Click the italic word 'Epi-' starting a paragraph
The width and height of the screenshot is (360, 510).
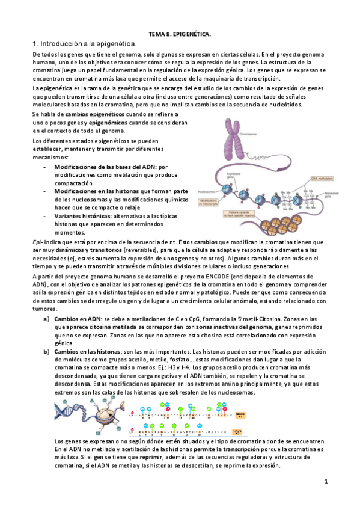coord(37,242)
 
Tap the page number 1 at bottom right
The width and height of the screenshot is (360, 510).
coord(325,482)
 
